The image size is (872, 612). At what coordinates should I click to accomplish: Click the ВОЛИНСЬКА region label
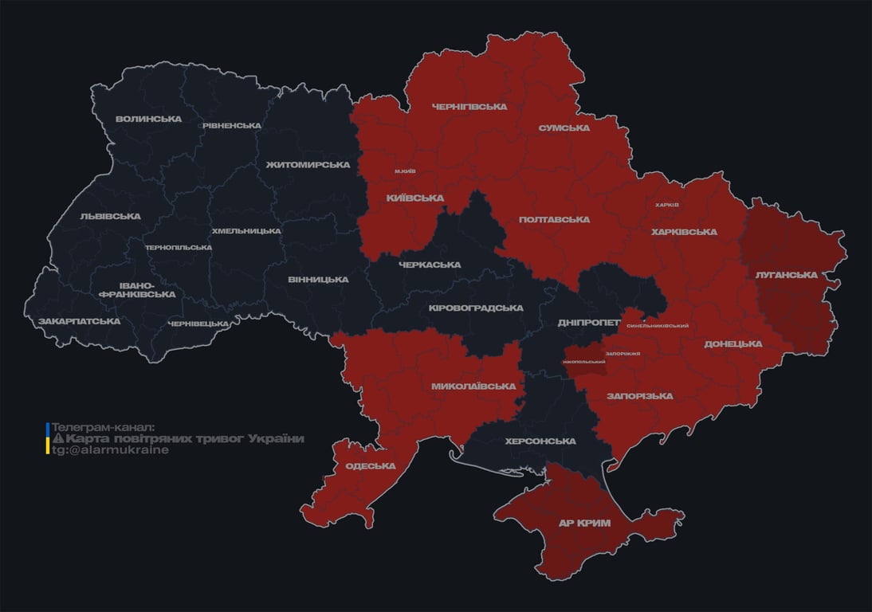click(x=148, y=120)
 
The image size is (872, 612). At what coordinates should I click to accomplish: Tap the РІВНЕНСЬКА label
click(x=231, y=126)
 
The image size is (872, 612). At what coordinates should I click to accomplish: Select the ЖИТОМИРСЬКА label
click(x=308, y=165)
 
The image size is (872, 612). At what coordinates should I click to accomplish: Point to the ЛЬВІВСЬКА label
click(x=110, y=217)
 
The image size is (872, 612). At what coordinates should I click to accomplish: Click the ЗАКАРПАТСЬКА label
click(x=79, y=322)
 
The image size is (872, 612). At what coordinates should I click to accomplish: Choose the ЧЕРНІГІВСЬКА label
click(x=469, y=107)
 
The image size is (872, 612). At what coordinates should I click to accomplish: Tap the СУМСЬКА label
click(x=564, y=127)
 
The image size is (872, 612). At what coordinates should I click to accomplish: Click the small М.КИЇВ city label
click(x=404, y=171)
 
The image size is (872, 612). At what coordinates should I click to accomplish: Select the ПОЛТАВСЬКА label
click(x=554, y=220)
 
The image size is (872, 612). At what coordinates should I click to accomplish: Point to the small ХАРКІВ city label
click(x=666, y=205)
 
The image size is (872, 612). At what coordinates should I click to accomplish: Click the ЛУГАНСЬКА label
click(x=786, y=275)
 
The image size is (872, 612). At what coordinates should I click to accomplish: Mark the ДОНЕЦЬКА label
click(x=733, y=344)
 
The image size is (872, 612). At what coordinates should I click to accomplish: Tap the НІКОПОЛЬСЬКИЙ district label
click(x=583, y=362)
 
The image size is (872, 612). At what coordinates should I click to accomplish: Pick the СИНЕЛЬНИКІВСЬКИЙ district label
click(x=658, y=326)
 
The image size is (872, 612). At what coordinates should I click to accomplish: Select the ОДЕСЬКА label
click(x=370, y=466)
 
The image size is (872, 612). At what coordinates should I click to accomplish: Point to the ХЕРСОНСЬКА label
click(x=540, y=441)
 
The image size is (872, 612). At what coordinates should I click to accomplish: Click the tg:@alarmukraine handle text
click(x=110, y=450)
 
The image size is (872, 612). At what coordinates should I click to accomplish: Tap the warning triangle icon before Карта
click(x=57, y=439)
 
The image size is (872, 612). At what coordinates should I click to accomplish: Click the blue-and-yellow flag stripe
click(x=48, y=438)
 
